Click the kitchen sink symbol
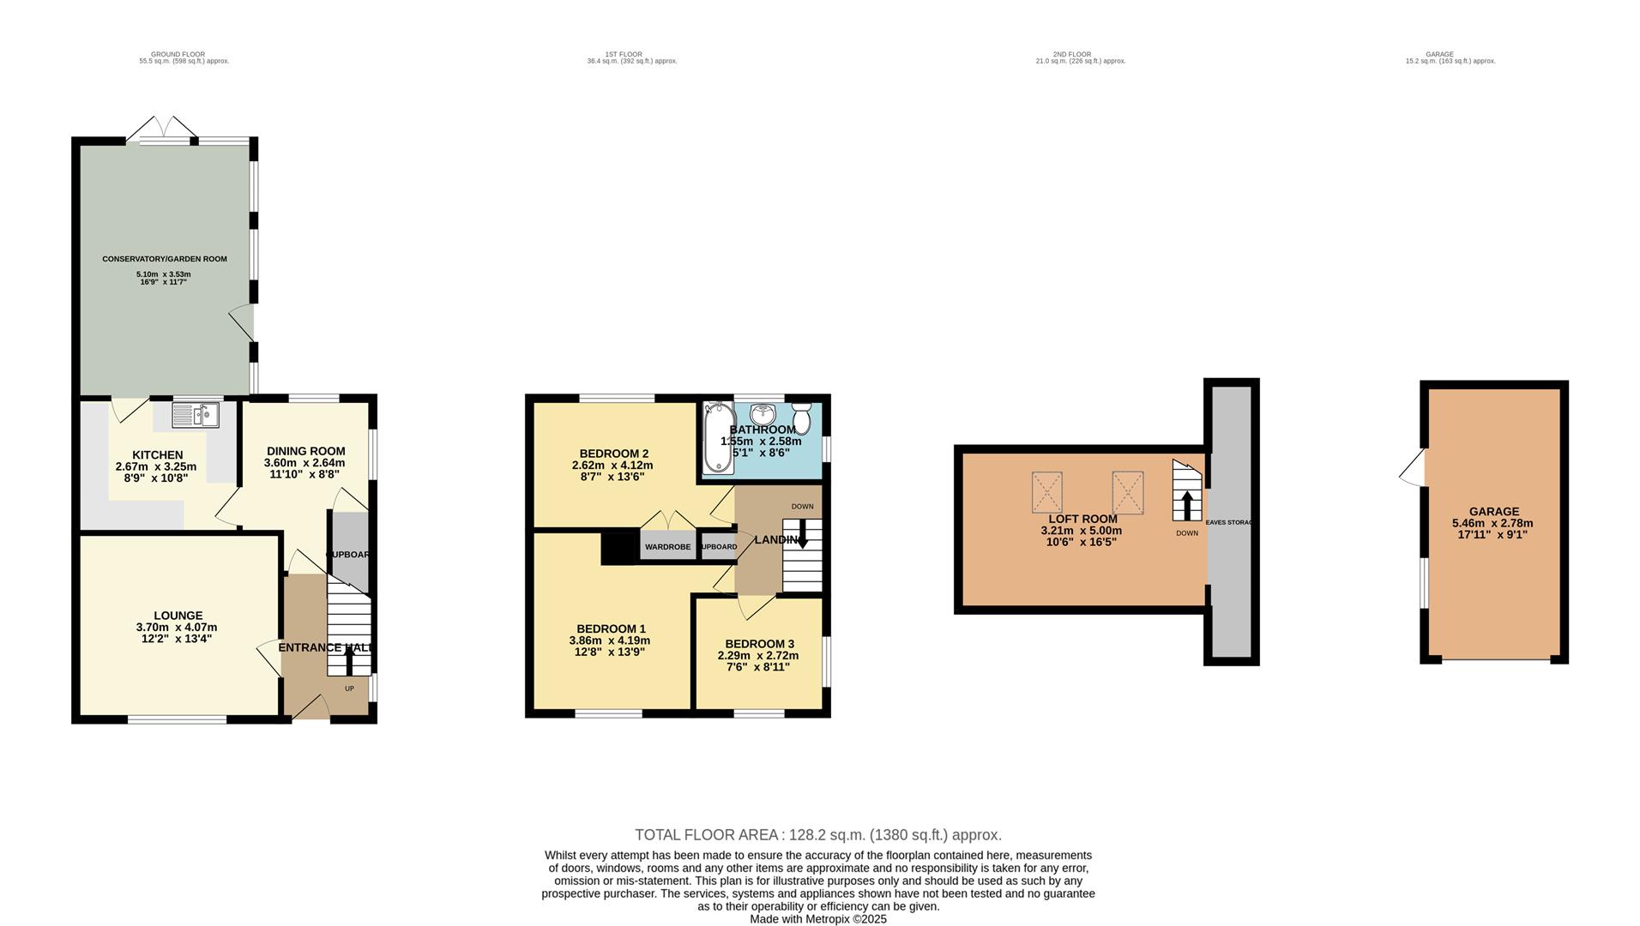click(196, 416)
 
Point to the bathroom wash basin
click(761, 414)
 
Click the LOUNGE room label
click(178, 616)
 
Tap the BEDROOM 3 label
click(759, 644)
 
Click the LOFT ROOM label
click(1082, 519)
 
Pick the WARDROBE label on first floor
click(667, 547)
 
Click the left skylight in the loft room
click(1046, 493)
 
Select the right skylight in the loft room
click(1128, 493)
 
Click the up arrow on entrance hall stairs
click(349, 660)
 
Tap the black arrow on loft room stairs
click(1187, 505)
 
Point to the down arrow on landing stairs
click(802, 538)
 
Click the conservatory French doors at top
click(162, 129)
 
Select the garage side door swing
click(1411, 468)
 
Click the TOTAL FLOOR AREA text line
click(817, 834)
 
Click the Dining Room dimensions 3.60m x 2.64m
click(304, 462)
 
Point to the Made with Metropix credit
click(817, 919)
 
